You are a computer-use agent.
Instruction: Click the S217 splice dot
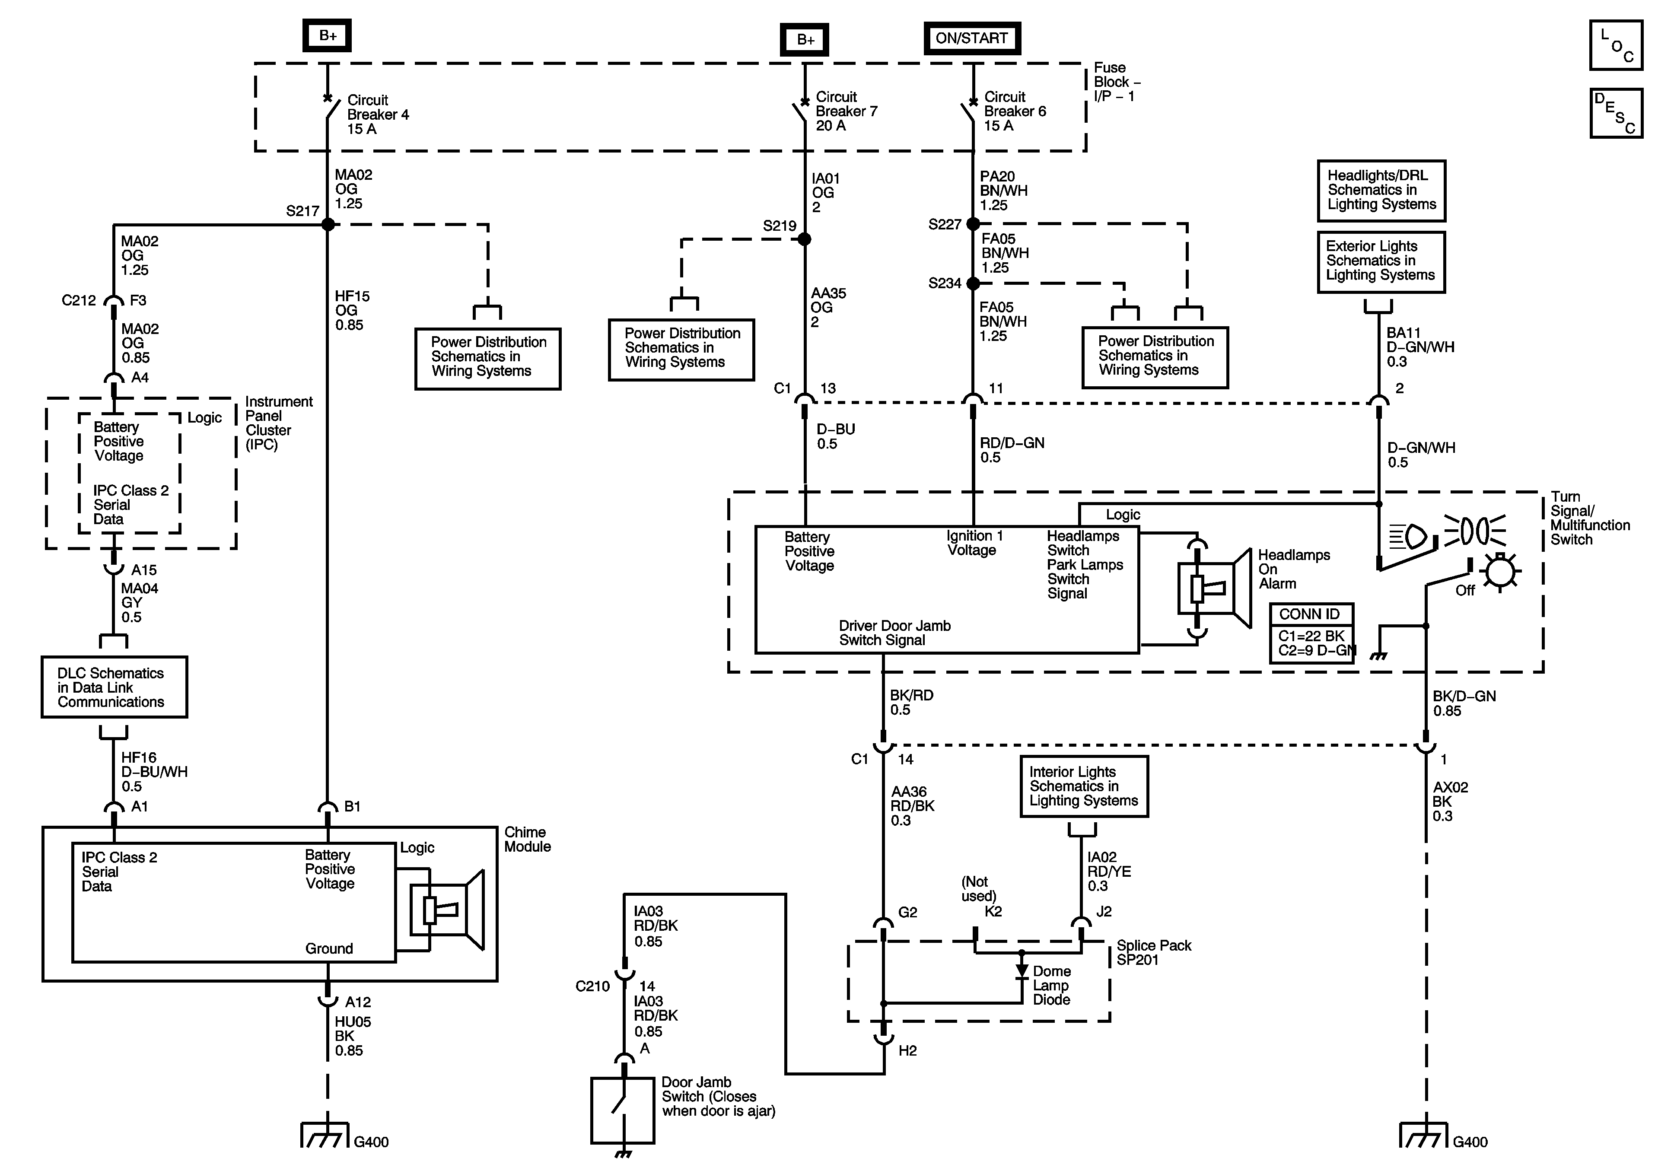328,225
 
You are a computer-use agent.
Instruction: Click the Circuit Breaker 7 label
846,111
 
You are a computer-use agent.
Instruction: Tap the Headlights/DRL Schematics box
1381,190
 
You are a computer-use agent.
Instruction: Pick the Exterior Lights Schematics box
1381,261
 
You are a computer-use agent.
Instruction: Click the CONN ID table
1311,632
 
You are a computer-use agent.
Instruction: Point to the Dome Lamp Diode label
1051,985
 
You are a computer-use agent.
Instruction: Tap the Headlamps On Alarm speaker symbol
1214,588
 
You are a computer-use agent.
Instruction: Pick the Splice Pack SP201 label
1153,952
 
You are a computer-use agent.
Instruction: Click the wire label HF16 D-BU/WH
154,771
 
